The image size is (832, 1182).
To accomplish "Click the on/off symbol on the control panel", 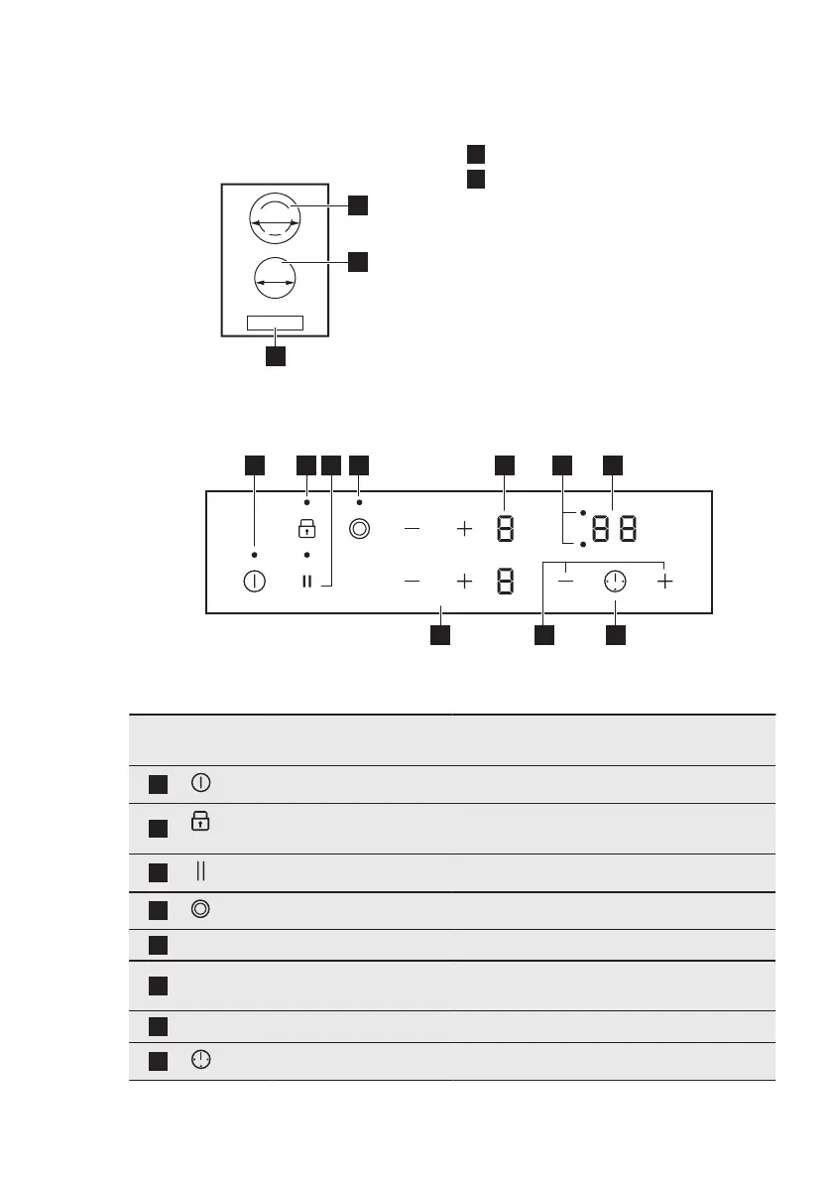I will pos(255,582).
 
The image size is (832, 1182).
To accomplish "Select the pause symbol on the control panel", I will pos(306,582).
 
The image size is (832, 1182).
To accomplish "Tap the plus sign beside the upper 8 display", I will pos(464,530).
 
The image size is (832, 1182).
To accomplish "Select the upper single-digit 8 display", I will pos(505,530).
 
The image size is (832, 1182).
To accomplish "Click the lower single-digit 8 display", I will pos(505,582).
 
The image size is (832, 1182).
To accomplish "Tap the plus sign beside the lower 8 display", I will pos(464,582).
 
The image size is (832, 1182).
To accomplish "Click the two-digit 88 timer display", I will pos(614,530).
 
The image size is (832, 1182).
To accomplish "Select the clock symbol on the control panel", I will pos(615,582).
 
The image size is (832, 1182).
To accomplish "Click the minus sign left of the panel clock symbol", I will pos(565,582).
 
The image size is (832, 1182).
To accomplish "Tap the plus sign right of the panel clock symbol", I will pos(664,582).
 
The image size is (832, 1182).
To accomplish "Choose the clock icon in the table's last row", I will pos(201,1061).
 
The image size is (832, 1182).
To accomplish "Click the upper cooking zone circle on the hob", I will pos(275,215).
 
